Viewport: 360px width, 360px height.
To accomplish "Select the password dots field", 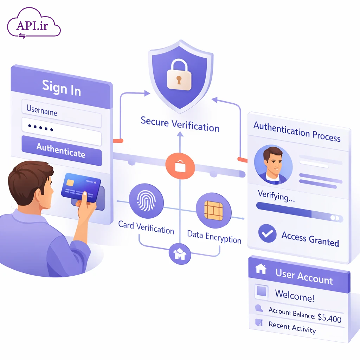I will pos(62,129).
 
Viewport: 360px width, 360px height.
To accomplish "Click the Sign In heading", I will pos(62,88).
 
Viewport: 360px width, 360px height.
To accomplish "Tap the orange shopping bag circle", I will pos(180,166).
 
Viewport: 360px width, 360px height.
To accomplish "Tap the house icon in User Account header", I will pos(261,269).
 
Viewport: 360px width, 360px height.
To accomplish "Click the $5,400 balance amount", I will pos(329,319).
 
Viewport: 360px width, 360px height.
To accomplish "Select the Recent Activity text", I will pos(292,327).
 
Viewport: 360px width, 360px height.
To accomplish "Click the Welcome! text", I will pos(295,295).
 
